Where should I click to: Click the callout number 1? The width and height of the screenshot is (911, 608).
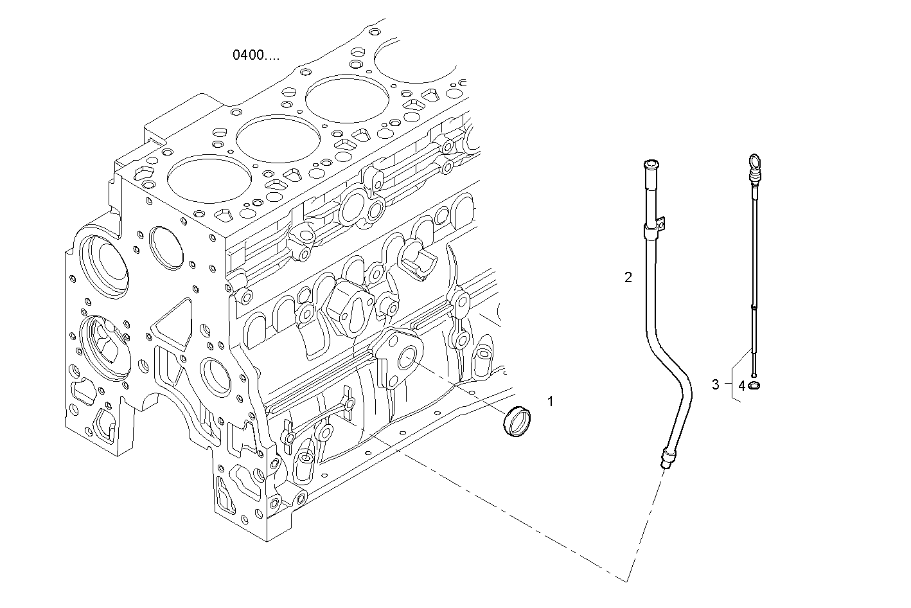pos(550,402)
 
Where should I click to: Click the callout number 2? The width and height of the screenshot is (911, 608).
pos(628,278)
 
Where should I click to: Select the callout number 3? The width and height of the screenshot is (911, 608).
pos(716,385)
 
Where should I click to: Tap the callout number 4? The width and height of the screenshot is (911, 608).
pos(741,386)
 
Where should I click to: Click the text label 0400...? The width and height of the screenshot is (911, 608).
pos(256,55)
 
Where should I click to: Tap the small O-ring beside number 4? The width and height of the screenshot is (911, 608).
pos(755,386)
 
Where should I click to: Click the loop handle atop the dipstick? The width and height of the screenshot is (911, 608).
pos(754,161)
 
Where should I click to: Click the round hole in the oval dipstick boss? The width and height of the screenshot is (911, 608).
pos(409,359)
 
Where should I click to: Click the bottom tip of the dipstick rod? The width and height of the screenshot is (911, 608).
pos(754,375)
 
